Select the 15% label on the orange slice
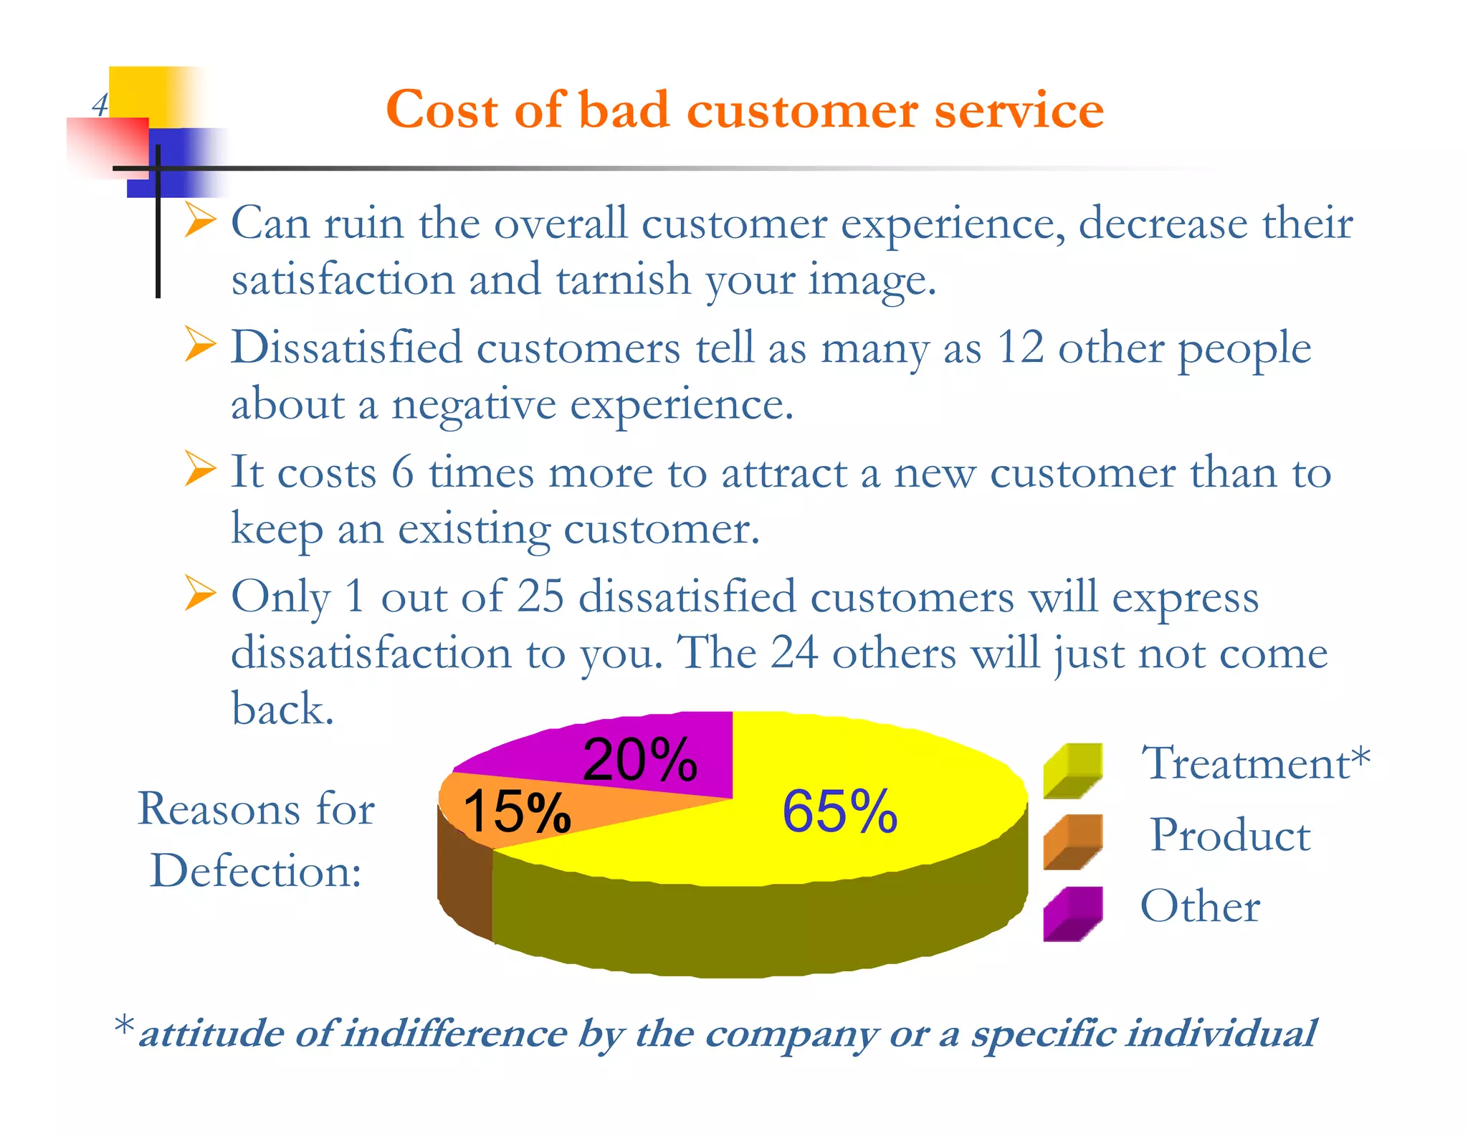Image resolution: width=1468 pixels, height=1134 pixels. (x=516, y=811)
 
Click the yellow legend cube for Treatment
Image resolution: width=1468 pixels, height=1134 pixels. (x=1072, y=771)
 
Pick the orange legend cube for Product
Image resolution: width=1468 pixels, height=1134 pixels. (x=1072, y=842)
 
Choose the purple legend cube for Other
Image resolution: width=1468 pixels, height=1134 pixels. (x=1072, y=914)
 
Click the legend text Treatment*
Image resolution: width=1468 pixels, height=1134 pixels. (x=1254, y=763)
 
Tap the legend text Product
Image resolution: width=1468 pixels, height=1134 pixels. (x=1230, y=835)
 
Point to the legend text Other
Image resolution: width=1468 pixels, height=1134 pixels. (x=1200, y=906)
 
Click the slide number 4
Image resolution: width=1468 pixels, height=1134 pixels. (x=100, y=105)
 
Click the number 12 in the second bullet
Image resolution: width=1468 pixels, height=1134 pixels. (x=1020, y=348)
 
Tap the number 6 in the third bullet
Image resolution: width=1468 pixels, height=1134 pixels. (x=403, y=473)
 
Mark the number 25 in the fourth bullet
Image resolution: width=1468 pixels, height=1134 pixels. (x=540, y=596)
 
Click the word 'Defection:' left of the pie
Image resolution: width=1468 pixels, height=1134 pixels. (x=256, y=872)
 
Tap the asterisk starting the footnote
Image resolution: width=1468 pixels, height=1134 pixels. (x=124, y=1025)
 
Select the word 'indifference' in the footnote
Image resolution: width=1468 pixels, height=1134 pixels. (x=454, y=1034)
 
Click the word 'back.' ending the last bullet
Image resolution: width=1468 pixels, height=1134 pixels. (x=282, y=709)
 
